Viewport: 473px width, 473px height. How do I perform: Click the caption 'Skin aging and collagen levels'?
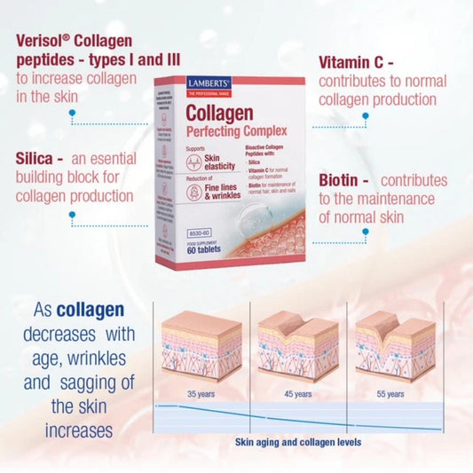[297, 441]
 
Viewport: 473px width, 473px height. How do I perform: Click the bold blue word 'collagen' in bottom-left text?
[90, 311]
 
